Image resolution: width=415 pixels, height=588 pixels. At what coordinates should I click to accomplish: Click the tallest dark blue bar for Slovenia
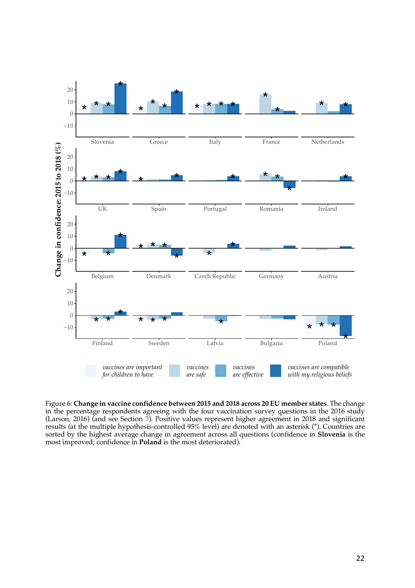[121, 99]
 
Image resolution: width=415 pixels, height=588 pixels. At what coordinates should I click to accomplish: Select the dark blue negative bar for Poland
[346, 325]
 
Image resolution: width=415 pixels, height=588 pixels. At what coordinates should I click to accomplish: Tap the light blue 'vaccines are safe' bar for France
[265, 104]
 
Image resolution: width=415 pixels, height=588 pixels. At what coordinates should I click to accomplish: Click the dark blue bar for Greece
[177, 103]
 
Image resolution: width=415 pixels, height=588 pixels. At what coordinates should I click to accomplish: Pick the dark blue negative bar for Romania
[289, 184]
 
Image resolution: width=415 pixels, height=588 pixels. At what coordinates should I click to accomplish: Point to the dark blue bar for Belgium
[121, 241]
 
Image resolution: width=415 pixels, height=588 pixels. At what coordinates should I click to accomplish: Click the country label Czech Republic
[215, 276]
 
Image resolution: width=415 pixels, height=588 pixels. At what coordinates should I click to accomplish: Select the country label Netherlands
[327, 142]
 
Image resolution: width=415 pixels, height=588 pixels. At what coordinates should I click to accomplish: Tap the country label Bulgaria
[271, 343]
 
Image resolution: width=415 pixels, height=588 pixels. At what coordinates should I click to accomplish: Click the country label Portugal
[215, 209]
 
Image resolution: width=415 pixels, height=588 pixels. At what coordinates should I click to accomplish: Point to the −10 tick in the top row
[69, 126]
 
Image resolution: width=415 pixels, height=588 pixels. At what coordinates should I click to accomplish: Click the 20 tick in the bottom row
[70, 291]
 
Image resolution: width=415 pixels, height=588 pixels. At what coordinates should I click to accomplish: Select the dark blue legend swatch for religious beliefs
[276, 371]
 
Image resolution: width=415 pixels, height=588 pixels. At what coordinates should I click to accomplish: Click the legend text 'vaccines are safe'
[197, 371]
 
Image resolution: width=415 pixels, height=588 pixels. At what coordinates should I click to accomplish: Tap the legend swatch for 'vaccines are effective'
[221, 371]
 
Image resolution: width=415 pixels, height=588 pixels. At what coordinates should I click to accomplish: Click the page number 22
[360, 558]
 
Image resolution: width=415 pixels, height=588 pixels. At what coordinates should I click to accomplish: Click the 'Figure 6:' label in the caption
[59, 403]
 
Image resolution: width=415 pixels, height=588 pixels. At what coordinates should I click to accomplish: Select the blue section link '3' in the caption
[147, 419]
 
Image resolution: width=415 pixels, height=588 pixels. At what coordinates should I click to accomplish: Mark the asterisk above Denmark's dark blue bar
[177, 256]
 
